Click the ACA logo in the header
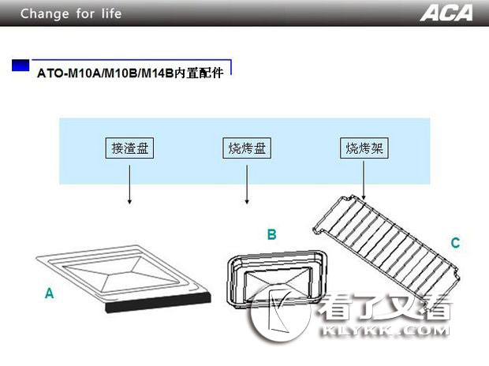point(446,13)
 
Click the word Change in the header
point(45,13)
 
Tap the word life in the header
point(111,13)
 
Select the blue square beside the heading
point(21,65)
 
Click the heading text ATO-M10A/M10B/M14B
point(105,73)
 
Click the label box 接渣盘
point(129,148)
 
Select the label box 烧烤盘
point(247,148)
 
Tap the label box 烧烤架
point(364,148)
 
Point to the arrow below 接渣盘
point(129,185)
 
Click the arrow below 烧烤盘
point(247,185)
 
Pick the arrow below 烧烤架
point(364,181)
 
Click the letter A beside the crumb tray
point(49,293)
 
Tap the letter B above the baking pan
point(271,234)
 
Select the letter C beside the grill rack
point(455,242)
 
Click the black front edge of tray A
point(159,302)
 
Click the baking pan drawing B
point(277,279)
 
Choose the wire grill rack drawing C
point(386,247)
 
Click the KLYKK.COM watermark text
point(385,331)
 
